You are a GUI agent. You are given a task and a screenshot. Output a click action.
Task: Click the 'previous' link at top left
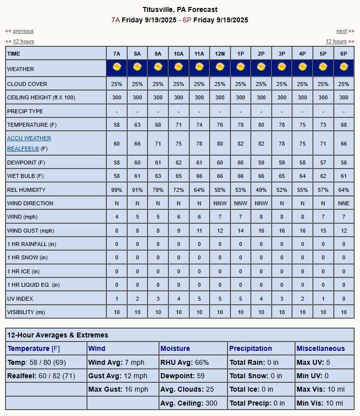tap(23, 31)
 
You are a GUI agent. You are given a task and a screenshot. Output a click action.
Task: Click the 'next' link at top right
tap(341, 31)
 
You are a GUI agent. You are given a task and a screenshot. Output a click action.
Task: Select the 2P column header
tap(261, 54)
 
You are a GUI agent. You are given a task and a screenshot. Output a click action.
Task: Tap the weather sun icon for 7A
tap(117, 67)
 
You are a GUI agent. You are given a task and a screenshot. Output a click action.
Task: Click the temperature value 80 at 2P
tap(261, 125)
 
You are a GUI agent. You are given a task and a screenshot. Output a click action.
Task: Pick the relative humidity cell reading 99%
tap(117, 190)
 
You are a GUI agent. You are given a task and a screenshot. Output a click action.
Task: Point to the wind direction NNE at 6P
tap(344, 203)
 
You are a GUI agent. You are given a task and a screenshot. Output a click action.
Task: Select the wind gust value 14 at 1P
tap(240, 231)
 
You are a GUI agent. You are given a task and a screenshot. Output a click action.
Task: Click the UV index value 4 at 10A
tap(179, 298)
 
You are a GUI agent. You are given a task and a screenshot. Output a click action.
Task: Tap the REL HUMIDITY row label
tap(26, 190)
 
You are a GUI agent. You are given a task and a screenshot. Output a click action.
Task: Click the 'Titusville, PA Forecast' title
tap(180, 9)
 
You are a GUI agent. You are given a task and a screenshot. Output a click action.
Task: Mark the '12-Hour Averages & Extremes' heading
tap(58, 335)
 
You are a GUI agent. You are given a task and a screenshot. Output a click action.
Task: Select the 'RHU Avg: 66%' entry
tap(185, 362)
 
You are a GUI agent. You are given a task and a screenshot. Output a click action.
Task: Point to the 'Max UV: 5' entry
tap(314, 362)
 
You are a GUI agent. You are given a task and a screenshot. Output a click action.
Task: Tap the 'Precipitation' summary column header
tap(251, 348)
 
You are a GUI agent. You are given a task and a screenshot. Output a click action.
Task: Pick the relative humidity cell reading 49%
tap(261, 190)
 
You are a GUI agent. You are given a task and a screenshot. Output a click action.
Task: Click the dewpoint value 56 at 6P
tap(344, 163)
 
